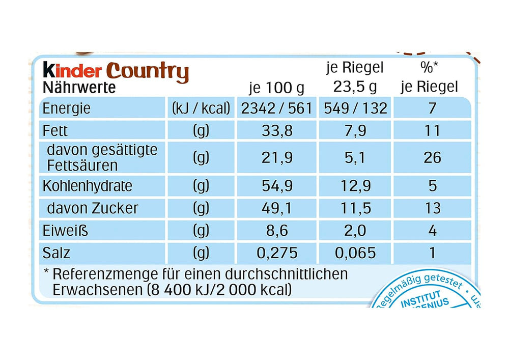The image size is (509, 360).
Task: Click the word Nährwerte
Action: click(x=79, y=88)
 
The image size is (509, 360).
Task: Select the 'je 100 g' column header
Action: click(x=277, y=88)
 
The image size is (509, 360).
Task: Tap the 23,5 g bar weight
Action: click(x=355, y=87)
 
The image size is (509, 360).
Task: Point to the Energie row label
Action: click(x=67, y=108)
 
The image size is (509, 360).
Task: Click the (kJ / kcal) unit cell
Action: click(x=201, y=108)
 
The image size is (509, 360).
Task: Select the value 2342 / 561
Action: click(x=277, y=108)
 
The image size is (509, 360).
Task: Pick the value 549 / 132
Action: click(x=355, y=108)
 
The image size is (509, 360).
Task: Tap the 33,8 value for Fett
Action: click(x=277, y=131)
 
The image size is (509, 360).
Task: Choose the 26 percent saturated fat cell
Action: click(x=432, y=158)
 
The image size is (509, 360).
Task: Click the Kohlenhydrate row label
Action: click(x=87, y=185)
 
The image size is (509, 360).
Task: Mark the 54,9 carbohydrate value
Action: click(x=277, y=185)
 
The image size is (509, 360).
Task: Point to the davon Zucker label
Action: click(x=92, y=208)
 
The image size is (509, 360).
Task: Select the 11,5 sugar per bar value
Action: click(x=355, y=208)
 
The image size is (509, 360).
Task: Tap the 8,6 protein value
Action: click(x=277, y=231)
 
